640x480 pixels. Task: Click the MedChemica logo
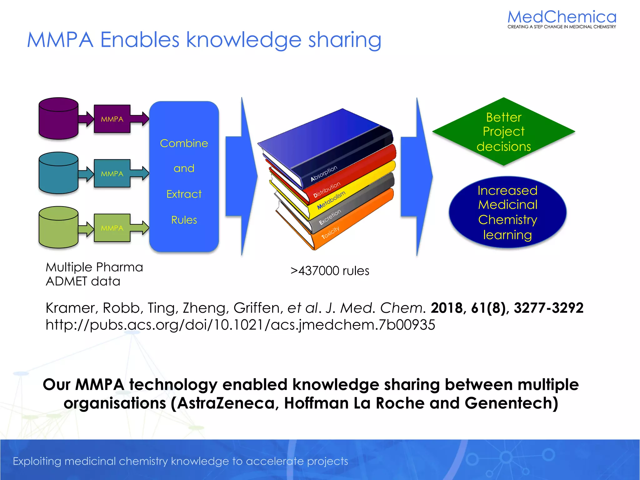point(562,19)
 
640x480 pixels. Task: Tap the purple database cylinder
point(58,118)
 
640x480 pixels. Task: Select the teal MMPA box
point(112,173)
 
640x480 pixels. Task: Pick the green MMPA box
point(112,228)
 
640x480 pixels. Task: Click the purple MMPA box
point(112,119)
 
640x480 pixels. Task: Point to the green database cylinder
point(58,227)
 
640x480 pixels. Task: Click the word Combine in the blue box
point(184,143)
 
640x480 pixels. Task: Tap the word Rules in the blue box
point(184,220)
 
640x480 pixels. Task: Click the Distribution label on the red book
point(327,190)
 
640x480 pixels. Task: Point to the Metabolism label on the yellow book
point(331,200)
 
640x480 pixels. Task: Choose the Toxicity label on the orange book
point(330,233)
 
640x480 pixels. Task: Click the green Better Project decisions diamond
point(503,132)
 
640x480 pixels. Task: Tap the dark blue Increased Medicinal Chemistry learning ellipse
point(507,212)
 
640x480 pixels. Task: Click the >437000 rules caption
point(330,271)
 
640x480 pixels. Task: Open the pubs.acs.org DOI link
point(240,325)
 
